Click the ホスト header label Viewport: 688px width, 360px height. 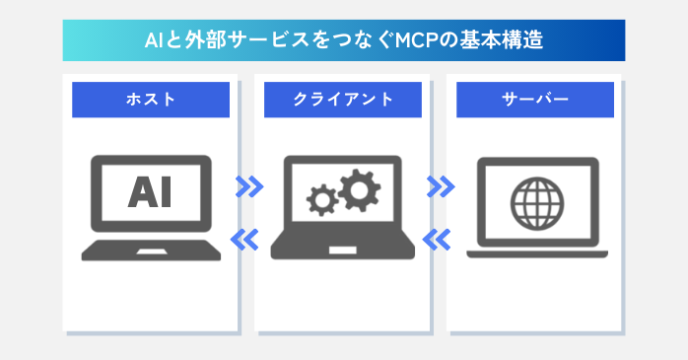151,100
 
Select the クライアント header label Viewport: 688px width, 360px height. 343,100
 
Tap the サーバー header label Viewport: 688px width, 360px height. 535,100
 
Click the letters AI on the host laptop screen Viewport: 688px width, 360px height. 150,192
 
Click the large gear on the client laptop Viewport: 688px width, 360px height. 358,186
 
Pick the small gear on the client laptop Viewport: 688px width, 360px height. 322,201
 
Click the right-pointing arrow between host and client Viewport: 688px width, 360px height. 249,184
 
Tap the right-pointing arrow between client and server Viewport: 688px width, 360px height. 441,184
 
